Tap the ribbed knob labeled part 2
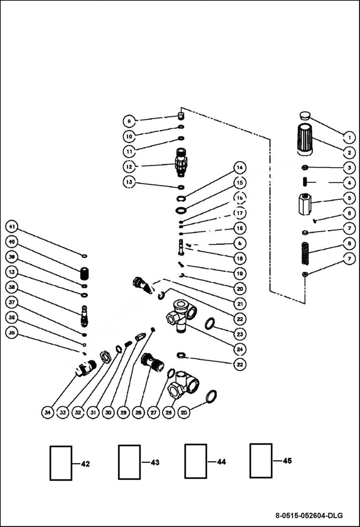click(305, 139)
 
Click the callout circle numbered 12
click(129, 166)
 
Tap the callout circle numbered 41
click(12, 226)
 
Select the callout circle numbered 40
click(12, 242)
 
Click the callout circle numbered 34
click(47, 412)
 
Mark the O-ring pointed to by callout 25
click(211, 397)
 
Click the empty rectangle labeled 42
click(61, 463)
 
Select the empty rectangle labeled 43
click(129, 462)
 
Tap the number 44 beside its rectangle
click(221, 462)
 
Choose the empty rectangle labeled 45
click(261, 461)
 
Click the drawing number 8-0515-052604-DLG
click(309, 516)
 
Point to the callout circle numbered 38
click(12, 287)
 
